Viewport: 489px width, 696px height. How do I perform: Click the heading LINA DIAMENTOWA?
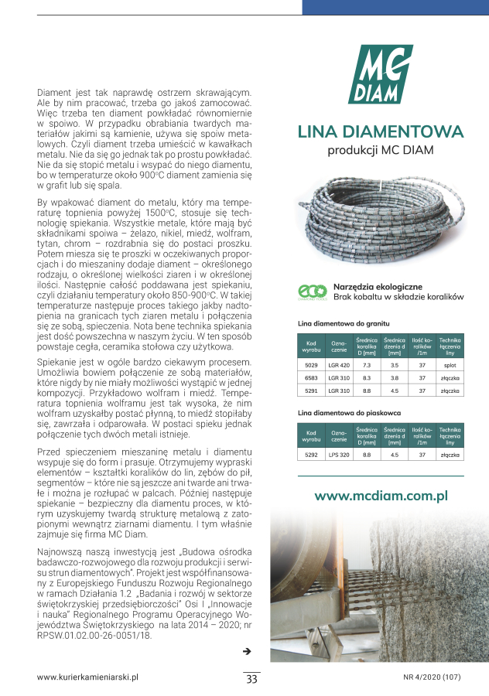coord(380,131)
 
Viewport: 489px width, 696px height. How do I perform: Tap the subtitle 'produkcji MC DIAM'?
coord(380,149)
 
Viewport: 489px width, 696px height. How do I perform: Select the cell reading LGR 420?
coord(339,364)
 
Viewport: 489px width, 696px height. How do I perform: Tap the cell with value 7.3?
coord(367,364)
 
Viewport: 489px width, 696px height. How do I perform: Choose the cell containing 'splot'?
coord(450,364)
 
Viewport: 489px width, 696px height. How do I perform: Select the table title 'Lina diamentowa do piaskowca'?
coord(346,415)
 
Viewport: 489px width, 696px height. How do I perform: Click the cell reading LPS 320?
coord(339,456)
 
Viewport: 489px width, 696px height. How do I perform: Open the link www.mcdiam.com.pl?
coord(381,496)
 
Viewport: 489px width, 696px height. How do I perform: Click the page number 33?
coord(251,680)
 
